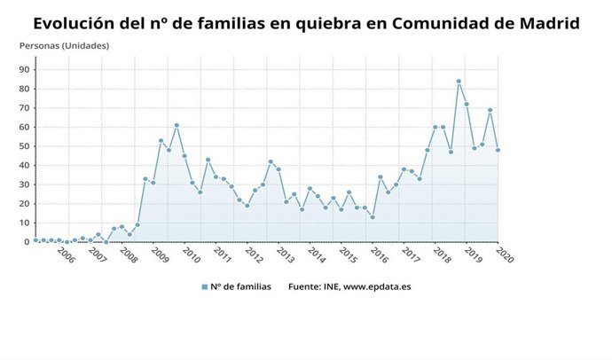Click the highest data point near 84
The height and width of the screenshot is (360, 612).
coord(459,82)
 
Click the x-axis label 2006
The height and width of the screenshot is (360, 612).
coord(66,256)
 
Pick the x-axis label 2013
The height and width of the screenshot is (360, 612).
coord(285,256)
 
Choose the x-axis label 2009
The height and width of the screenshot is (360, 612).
coord(160,256)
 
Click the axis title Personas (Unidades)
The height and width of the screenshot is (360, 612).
coord(64,44)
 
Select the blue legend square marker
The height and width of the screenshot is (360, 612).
coord(204,286)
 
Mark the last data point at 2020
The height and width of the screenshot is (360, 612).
coord(498,150)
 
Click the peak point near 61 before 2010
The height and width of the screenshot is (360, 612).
coord(177,125)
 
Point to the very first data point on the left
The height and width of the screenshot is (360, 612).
coord(35,240)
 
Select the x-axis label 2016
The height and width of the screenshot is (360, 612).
coord(378,256)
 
